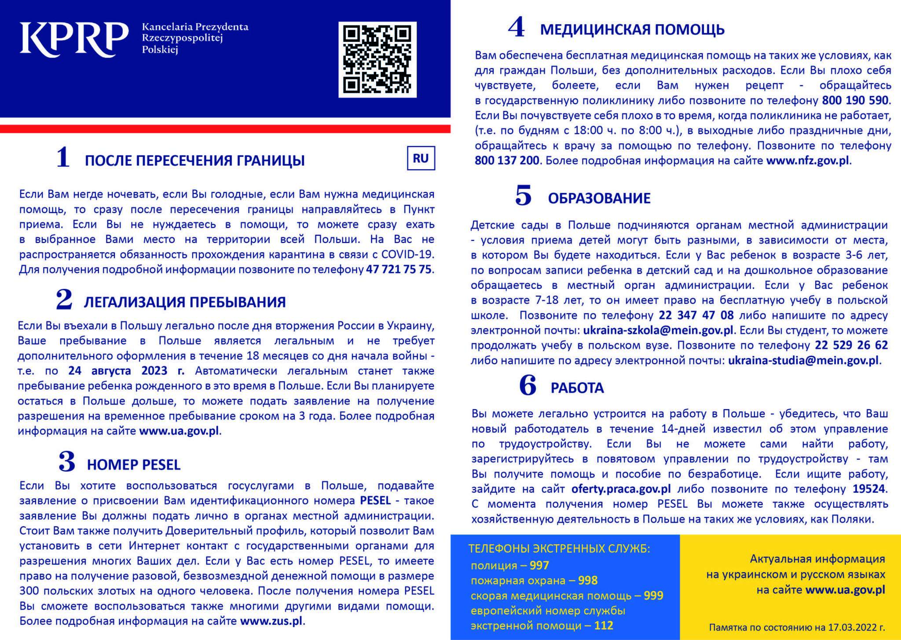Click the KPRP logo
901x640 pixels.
click(x=74, y=40)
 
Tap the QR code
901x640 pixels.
click(x=377, y=59)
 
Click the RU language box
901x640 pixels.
click(x=421, y=159)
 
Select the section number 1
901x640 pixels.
click(x=63, y=157)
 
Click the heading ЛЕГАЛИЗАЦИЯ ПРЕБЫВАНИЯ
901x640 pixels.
click(x=185, y=302)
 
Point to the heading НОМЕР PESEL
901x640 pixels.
click(x=134, y=465)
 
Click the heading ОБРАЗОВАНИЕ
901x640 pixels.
click(x=599, y=198)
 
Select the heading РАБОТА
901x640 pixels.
click(x=577, y=388)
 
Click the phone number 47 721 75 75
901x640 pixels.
click(x=399, y=270)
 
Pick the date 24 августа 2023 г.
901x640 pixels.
click(x=126, y=371)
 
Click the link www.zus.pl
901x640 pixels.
click(x=271, y=622)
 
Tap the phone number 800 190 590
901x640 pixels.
click(x=855, y=100)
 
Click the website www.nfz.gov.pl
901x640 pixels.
click(x=808, y=161)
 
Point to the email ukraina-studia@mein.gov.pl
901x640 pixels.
click(x=803, y=361)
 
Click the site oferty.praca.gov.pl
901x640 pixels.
click(x=621, y=489)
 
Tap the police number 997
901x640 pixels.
click(x=539, y=566)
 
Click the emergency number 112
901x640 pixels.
click(x=604, y=625)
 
